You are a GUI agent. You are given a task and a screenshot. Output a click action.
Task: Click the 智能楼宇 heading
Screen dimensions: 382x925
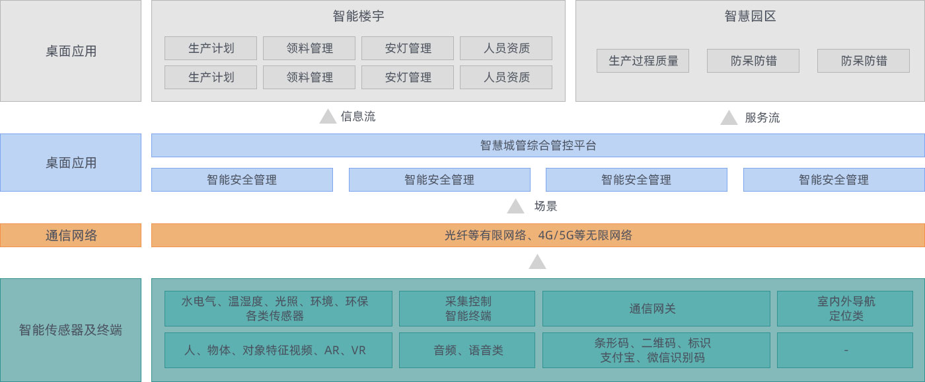tap(358, 17)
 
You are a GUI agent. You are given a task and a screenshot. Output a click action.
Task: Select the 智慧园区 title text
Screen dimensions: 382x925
tap(750, 17)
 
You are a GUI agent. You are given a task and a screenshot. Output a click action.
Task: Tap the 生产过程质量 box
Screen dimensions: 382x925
tap(643, 61)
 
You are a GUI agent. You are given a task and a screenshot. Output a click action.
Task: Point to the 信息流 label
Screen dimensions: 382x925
tap(358, 117)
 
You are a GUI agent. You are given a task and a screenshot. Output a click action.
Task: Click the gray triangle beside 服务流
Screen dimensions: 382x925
tap(729, 118)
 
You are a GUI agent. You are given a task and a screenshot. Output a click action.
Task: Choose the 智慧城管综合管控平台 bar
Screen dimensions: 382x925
tap(538, 145)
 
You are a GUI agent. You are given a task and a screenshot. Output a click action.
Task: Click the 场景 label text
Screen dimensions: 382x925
tap(546, 206)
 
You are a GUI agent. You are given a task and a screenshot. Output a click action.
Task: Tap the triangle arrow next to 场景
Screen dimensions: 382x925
tap(515, 206)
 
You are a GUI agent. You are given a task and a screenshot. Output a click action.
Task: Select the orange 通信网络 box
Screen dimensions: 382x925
tap(71, 235)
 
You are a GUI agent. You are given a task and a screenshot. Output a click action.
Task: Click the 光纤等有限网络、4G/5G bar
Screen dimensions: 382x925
tap(538, 235)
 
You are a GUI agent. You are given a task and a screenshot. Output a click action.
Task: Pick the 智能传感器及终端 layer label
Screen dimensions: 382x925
tap(71, 330)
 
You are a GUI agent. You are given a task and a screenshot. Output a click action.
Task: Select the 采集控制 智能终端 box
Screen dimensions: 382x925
tap(468, 309)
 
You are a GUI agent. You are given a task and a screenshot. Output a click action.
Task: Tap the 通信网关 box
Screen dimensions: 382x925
tap(656, 309)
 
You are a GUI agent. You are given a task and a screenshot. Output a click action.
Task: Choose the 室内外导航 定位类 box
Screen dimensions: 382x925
tap(846, 309)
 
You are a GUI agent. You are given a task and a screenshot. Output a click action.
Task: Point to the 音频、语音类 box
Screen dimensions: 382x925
tap(468, 350)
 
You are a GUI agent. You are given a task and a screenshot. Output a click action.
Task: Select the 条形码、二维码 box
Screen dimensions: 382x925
tap(656, 350)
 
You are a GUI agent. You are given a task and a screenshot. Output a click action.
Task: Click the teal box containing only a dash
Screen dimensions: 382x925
tap(846, 350)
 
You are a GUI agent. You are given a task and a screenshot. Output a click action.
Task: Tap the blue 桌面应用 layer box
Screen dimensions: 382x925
tap(71, 163)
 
